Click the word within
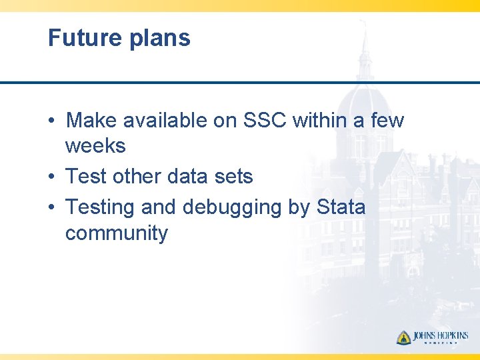coord(323,121)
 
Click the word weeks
coord(95,146)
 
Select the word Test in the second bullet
coord(86,177)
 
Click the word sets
coord(233,177)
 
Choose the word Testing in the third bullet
coord(101,207)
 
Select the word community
coord(117,234)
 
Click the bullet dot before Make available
coord(51,121)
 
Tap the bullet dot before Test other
coord(51,177)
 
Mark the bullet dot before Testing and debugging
coord(51,208)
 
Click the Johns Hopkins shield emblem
coord(403,337)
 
